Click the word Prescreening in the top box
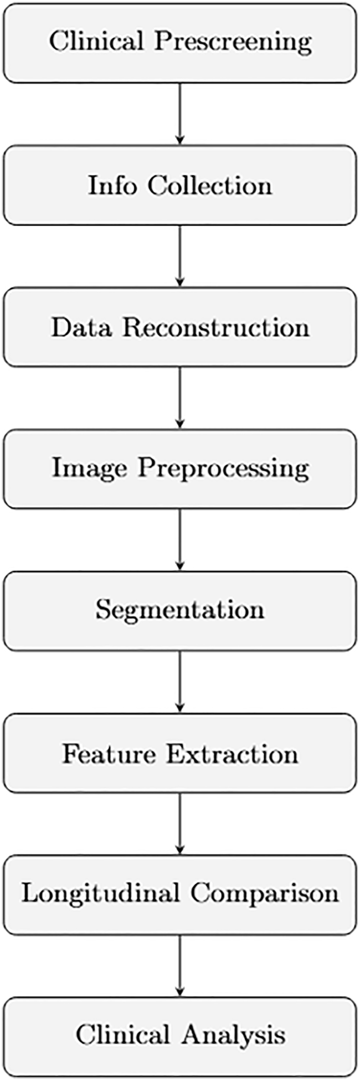pos(233,43)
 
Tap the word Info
pos(111,186)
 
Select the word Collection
pos(210,186)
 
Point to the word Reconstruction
pos(216,327)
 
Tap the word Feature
pos(109,754)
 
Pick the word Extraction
pos(232,754)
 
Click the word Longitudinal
pos(100,893)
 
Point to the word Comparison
pos(264,893)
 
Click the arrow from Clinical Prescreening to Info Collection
pos(180,114)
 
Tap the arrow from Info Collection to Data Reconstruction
pos(180,256)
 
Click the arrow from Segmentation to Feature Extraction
pos(180,682)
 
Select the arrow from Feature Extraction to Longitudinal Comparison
pos(180,824)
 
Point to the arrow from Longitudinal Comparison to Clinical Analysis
pos(180,965)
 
